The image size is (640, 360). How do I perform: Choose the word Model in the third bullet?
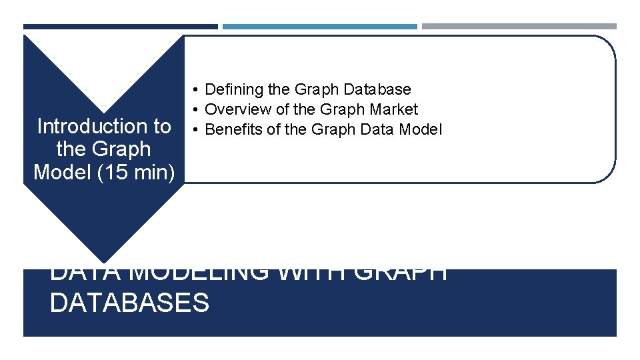420,129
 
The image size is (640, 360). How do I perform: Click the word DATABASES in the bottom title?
129,303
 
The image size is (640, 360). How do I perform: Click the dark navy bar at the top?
120,27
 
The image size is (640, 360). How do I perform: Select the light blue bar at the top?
319,27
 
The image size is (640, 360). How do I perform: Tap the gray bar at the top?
519,27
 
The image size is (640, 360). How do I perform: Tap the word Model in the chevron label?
57,172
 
